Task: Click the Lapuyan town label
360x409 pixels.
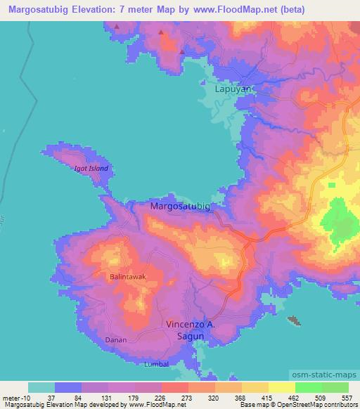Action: [x=232, y=90]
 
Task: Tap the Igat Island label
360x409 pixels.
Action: [x=91, y=169]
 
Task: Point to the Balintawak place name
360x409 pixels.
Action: [x=128, y=277]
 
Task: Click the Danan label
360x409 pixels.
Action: [x=114, y=339]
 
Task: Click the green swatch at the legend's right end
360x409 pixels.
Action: [x=335, y=387]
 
